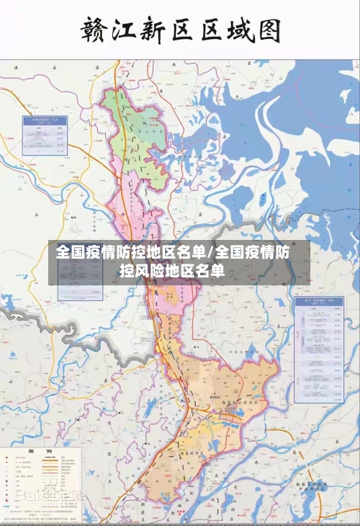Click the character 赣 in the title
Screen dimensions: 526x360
(x=97, y=32)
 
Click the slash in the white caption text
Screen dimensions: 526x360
(x=210, y=253)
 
